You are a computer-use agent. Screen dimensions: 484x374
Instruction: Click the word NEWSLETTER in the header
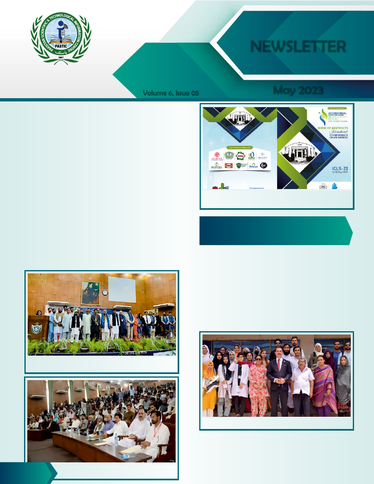point(298,46)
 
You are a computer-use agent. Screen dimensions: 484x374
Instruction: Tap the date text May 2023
point(298,90)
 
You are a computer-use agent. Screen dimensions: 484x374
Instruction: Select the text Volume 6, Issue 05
point(171,93)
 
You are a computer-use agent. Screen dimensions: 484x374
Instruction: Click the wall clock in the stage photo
point(105,293)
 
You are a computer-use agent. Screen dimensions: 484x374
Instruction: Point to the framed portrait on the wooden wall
point(90,293)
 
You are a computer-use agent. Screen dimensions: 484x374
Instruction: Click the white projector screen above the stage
point(122,289)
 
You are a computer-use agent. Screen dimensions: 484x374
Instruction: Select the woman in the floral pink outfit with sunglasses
point(258,383)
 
